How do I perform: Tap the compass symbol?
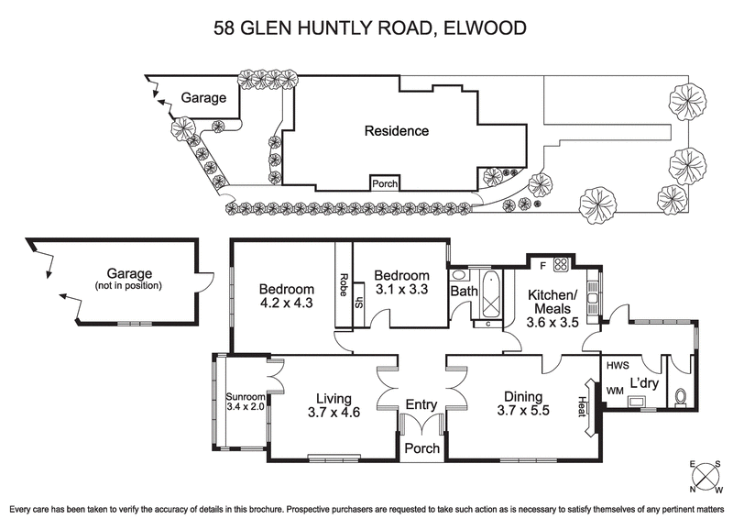point(706,476)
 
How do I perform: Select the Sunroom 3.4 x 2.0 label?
point(244,402)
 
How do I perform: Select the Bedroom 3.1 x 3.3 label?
point(401,282)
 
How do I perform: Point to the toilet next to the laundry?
point(679,397)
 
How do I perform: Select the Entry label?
point(421,404)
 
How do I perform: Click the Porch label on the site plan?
point(384,183)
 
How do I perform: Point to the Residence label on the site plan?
point(396,131)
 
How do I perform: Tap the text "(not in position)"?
point(128,285)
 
